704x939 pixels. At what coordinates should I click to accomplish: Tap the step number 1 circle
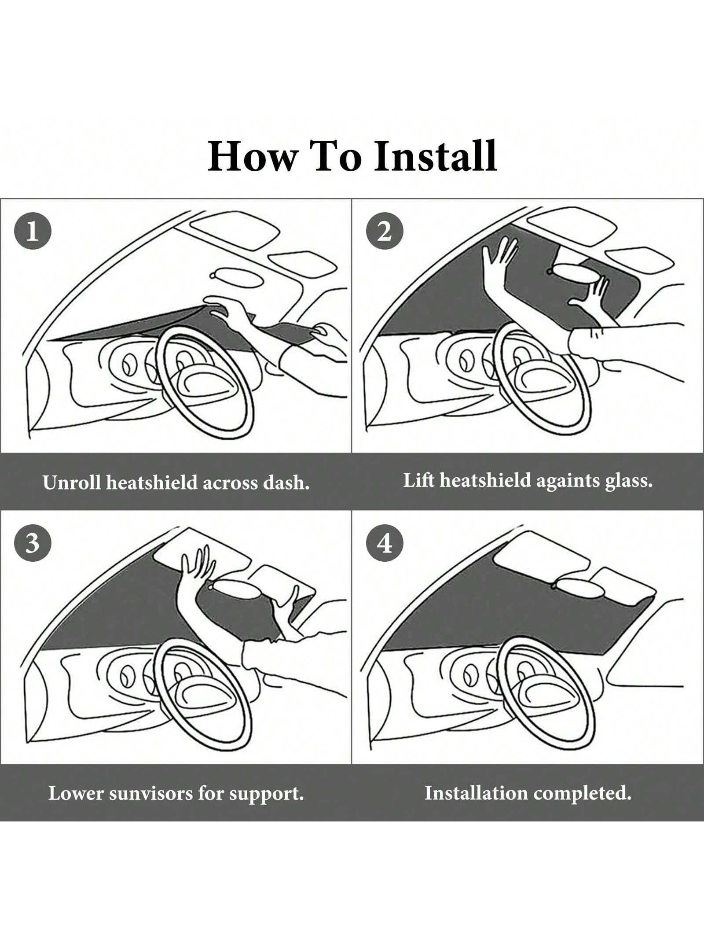pyautogui.click(x=33, y=231)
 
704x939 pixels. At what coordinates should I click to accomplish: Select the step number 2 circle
pyautogui.click(x=385, y=231)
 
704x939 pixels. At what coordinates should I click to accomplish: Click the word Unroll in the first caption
pyautogui.click(x=72, y=482)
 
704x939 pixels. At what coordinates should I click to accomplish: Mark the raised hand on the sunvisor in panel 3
pyautogui.click(x=198, y=568)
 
